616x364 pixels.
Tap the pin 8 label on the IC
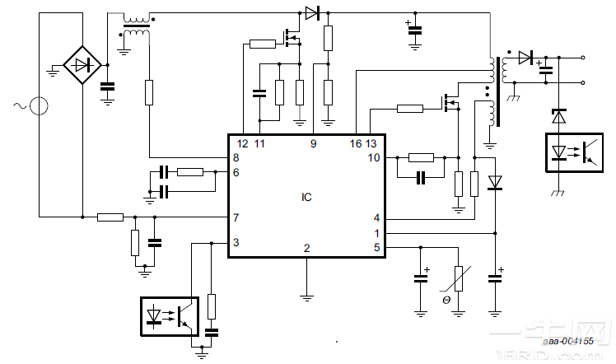(236, 157)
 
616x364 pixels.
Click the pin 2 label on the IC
(306, 247)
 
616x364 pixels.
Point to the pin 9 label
(313, 144)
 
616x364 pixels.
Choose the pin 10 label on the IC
(374, 157)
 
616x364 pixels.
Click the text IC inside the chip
(306, 197)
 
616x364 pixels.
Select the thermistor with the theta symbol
(459, 280)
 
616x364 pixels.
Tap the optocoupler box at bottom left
(169, 316)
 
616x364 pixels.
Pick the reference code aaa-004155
(568, 339)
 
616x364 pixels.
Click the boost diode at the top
(311, 12)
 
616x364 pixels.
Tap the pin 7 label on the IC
(236, 217)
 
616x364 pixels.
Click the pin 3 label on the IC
(236, 242)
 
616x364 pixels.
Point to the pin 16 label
(356, 144)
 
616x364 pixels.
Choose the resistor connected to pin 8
(149, 92)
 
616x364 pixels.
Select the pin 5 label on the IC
(376, 246)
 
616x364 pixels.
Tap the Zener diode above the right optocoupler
(558, 117)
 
